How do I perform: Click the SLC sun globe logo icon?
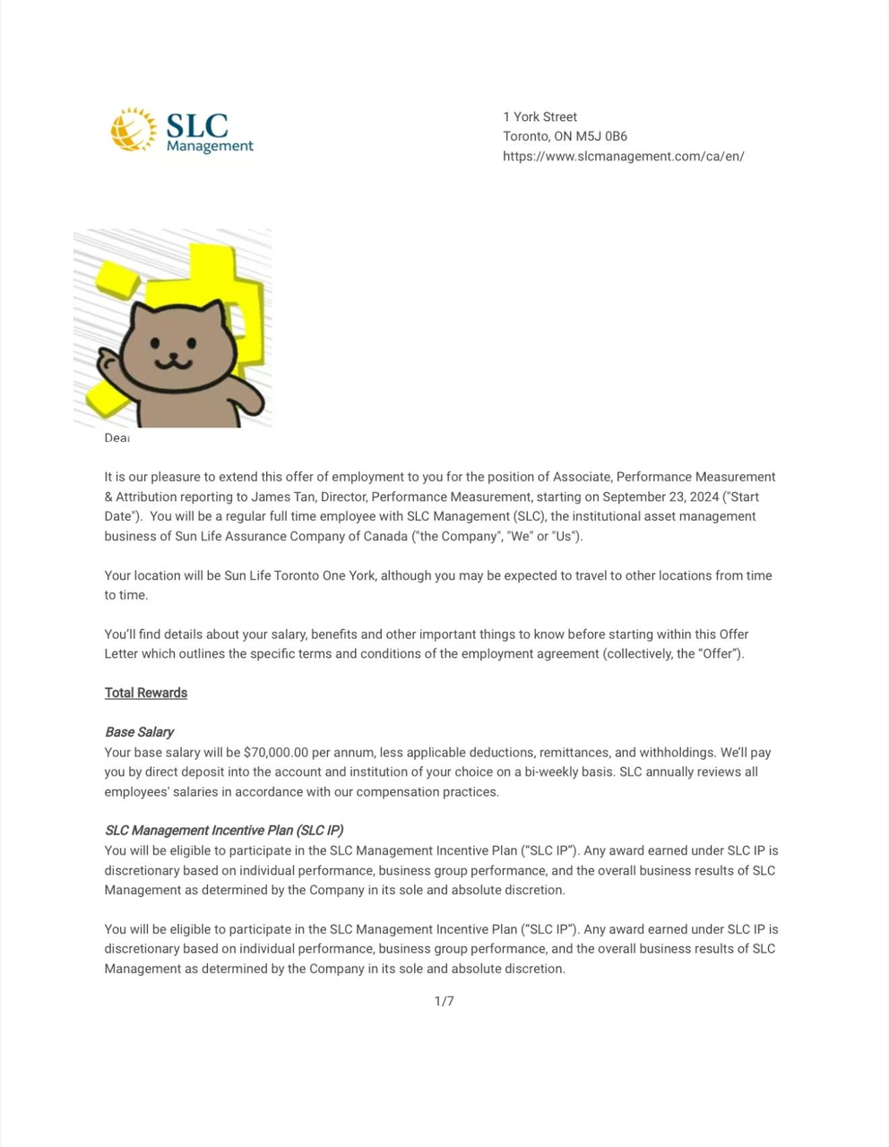[x=134, y=129]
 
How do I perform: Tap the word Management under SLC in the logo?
[x=210, y=146]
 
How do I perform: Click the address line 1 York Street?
[x=539, y=116]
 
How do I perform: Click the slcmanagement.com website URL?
[x=623, y=156]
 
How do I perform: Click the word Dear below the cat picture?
[x=117, y=438]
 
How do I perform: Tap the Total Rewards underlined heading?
[x=145, y=693]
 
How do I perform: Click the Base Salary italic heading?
[x=139, y=732]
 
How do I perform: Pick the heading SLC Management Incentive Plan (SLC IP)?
[x=224, y=831]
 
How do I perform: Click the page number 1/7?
[x=444, y=1001]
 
